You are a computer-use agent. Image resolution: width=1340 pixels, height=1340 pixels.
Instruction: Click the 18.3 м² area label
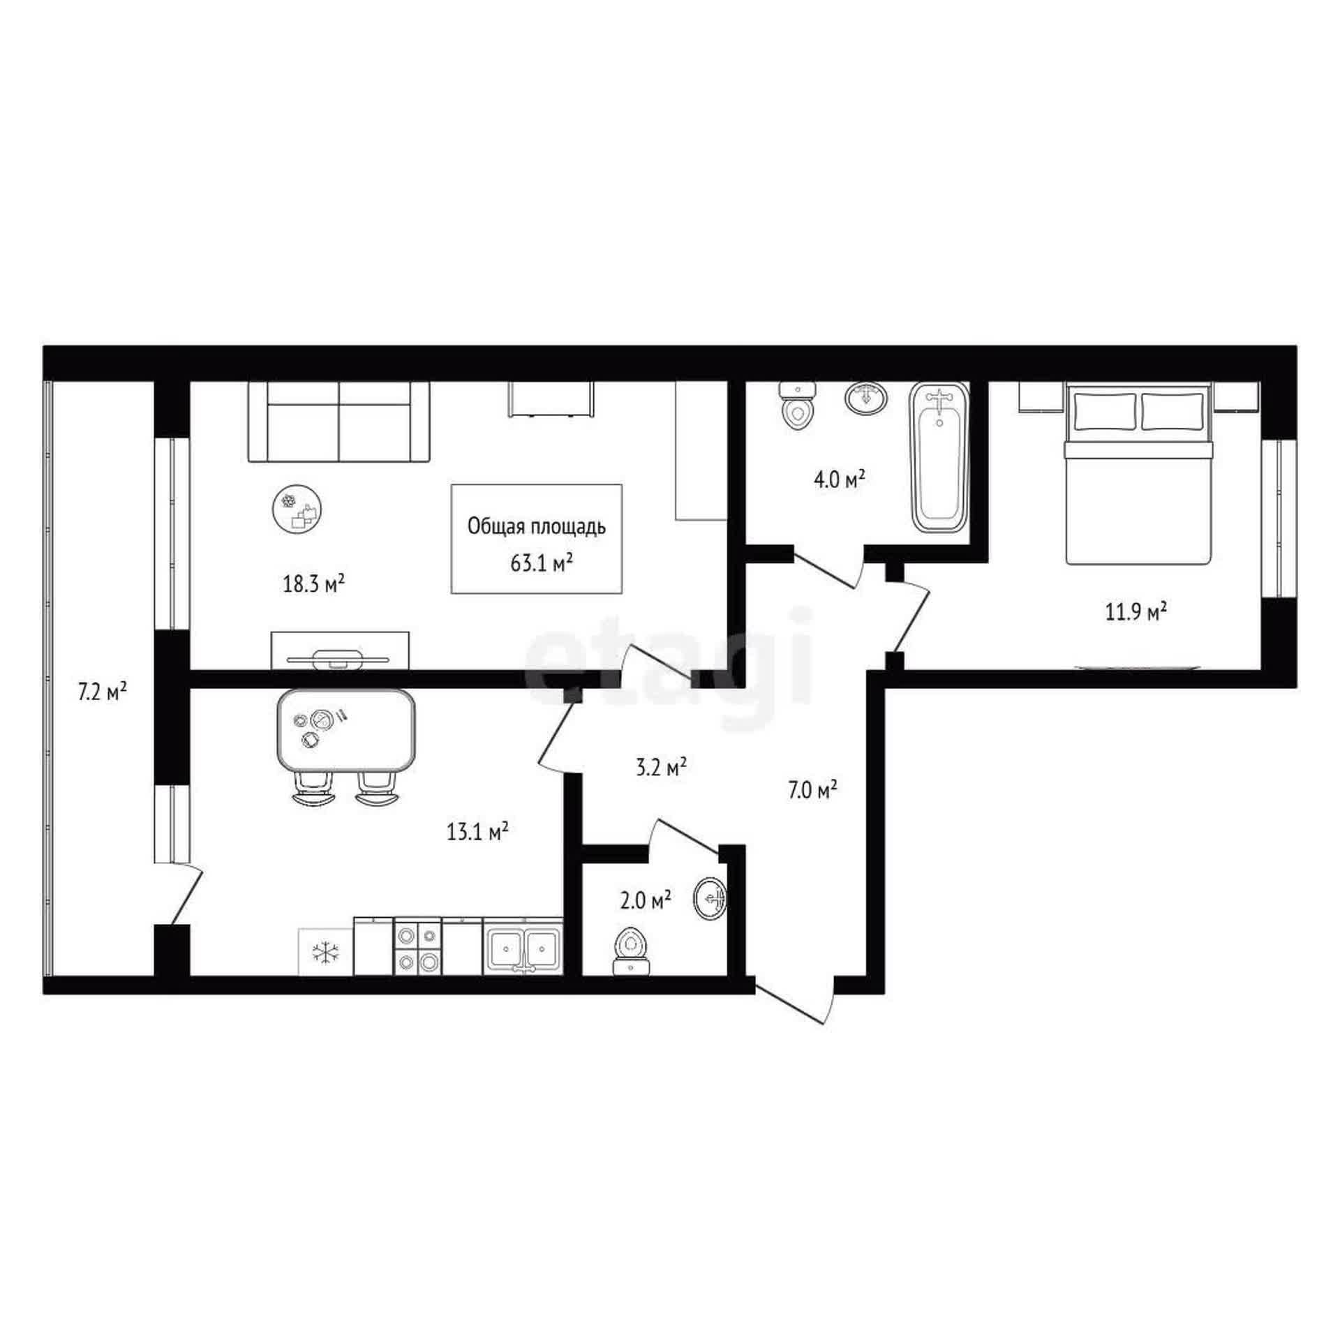click(314, 583)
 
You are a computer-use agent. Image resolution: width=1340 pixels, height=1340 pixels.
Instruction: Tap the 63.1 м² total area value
click(542, 563)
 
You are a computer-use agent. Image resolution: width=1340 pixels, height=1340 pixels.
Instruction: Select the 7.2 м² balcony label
click(102, 692)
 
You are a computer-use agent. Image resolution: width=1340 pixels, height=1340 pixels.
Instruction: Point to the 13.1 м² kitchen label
click(477, 831)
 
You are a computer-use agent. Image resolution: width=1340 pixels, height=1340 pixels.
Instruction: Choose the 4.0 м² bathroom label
click(840, 479)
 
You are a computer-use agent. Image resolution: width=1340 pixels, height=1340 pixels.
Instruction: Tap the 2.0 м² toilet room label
click(646, 901)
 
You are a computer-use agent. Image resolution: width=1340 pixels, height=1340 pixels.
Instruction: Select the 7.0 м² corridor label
click(812, 791)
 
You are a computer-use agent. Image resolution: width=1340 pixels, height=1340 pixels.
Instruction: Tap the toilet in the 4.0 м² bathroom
click(797, 408)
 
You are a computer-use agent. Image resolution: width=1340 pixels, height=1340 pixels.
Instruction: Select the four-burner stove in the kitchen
click(418, 946)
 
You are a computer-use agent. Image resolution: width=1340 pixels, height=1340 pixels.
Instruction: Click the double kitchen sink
click(523, 946)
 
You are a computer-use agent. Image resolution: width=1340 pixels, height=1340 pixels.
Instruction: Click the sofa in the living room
click(339, 422)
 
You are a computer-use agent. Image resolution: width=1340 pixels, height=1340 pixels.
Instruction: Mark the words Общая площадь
click(536, 527)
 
